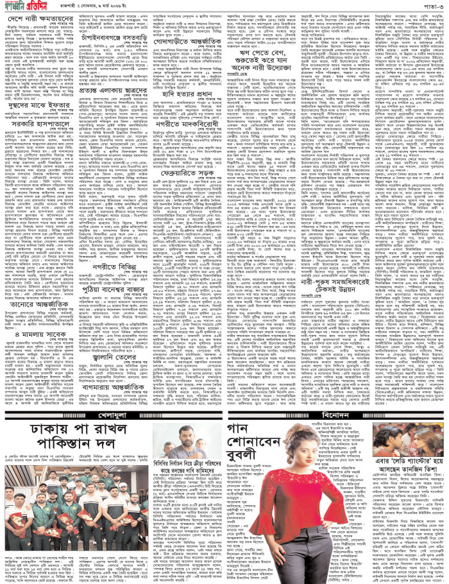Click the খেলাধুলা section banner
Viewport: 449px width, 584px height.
(113, 397)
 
